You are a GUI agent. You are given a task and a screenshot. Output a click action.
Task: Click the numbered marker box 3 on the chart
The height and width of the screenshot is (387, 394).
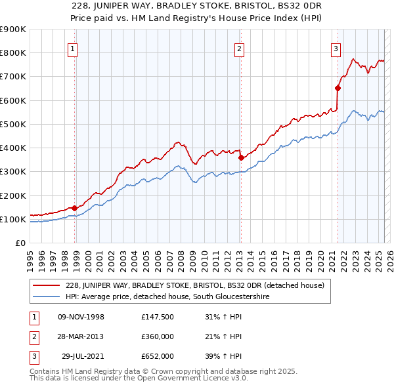pos(336,48)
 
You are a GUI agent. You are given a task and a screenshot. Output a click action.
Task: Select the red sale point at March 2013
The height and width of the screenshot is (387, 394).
pos(241,157)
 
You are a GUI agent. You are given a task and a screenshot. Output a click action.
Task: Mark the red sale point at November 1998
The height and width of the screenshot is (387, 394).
pos(75,208)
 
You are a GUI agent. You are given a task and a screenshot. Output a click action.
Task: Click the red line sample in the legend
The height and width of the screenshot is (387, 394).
pos(47,285)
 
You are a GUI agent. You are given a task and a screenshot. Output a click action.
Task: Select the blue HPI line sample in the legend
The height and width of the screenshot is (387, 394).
pos(47,297)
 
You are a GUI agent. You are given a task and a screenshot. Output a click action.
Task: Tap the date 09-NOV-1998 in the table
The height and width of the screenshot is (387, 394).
pos(81,317)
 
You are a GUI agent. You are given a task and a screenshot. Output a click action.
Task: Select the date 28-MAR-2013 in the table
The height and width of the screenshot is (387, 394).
pos(81,336)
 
